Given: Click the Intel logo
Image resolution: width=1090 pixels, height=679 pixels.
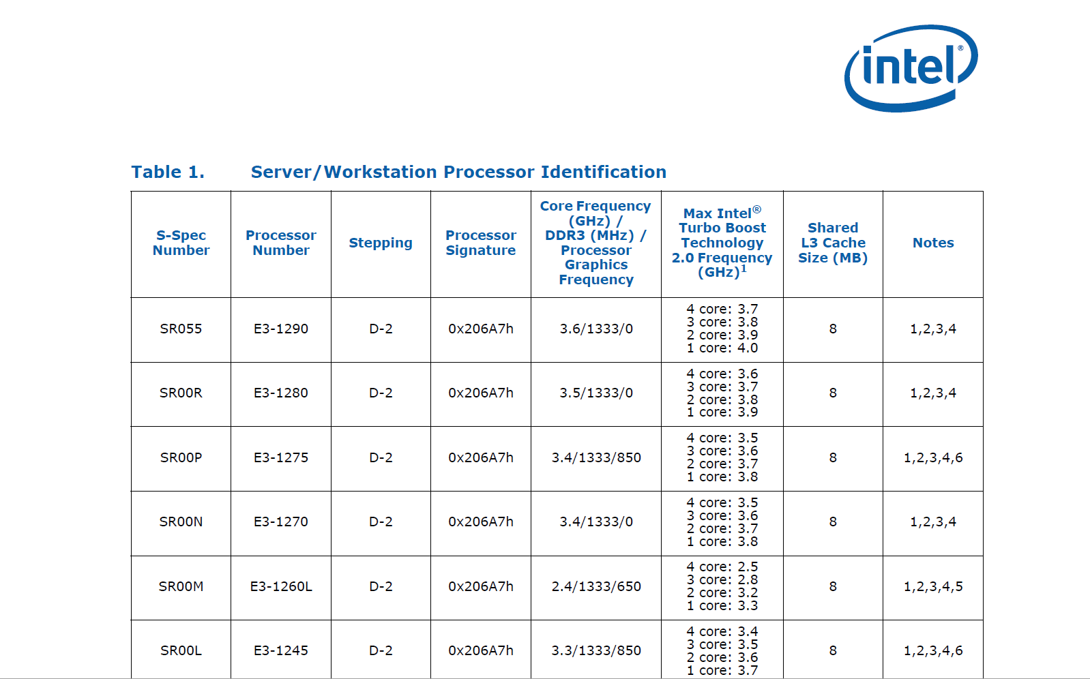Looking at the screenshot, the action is (911, 68).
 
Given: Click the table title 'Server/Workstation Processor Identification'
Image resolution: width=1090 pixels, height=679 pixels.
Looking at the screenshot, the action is (458, 172).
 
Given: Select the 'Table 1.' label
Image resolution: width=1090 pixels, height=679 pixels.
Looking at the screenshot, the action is (168, 172).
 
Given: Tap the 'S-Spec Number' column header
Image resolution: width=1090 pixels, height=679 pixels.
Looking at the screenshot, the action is (181, 243).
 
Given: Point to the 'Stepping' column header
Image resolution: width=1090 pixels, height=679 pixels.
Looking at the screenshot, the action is (381, 243).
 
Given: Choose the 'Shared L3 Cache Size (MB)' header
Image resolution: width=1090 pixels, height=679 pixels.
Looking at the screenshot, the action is (833, 243).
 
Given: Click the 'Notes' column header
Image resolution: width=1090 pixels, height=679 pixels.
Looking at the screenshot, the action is (933, 243).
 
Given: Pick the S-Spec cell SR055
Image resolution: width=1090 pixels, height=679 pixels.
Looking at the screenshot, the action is (181, 329).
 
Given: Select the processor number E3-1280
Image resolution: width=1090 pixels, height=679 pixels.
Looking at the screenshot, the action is (281, 393).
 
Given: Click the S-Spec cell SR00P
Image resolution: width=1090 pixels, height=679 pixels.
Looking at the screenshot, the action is (181, 457).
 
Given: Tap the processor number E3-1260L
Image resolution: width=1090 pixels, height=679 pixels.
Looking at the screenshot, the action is (281, 586).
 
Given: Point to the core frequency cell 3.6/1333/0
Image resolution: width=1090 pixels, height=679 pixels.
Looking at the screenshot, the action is (596, 329).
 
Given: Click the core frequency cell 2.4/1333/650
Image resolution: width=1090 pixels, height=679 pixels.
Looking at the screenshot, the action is (596, 586).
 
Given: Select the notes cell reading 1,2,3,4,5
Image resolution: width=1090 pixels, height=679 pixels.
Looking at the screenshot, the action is (933, 586).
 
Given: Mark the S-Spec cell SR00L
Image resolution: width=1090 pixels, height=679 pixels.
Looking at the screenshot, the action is (181, 651).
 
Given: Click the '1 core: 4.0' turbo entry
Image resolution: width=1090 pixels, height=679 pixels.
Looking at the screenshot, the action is (722, 348).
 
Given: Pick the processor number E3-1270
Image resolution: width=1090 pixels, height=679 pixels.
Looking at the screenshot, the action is (281, 522).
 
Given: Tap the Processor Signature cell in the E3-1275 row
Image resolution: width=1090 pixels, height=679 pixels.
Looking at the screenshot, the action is (481, 457).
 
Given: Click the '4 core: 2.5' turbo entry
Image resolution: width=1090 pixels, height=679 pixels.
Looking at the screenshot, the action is (722, 567).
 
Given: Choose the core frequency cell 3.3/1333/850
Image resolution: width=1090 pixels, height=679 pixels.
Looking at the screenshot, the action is (596, 651).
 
